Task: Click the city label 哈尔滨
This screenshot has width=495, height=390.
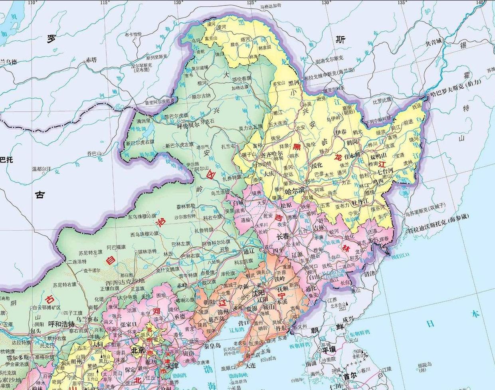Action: (295, 190)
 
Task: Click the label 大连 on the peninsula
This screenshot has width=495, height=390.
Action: (251, 365)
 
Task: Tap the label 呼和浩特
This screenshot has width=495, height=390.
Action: (61, 324)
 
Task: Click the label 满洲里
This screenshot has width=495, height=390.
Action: (144, 121)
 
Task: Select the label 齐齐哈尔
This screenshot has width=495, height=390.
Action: (271, 153)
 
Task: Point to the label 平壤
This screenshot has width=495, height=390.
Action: (329, 348)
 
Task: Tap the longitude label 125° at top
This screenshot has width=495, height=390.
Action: (251, 3)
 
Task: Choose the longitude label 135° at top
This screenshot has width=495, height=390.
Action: (402, 3)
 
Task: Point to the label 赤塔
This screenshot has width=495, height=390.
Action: (91, 60)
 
